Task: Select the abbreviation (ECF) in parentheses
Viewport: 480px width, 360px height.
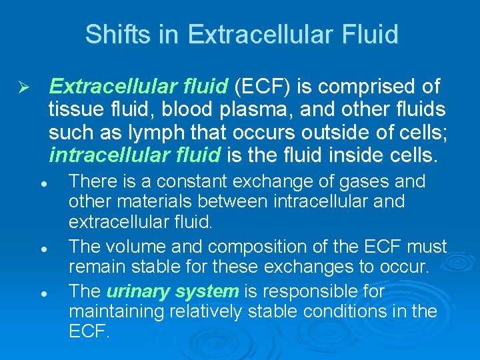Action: [263, 86]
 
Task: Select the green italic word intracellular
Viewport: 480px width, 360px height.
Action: [99, 156]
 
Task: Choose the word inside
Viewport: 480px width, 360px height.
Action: [361, 156]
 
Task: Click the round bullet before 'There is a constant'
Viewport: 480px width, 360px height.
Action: [42, 182]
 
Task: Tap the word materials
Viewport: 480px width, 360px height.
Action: [141, 201]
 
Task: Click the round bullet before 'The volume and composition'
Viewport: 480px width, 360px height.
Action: [42, 247]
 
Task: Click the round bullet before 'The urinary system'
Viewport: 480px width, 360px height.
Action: [42, 293]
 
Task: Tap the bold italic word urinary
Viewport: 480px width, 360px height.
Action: [135, 292]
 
